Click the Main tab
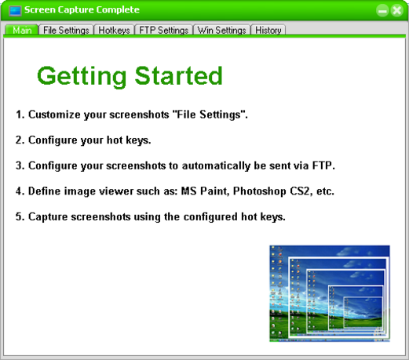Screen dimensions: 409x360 pyautogui.click(x=22, y=30)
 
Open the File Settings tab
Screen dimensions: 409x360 pyautogui.click(x=66, y=30)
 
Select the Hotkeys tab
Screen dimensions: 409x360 pyautogui.click(x=114, y=30)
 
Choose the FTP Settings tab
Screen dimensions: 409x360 pyautogui.click(x=163, y=30)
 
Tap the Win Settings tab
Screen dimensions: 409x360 pyautogui.click(x=221, y=30)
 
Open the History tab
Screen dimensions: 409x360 pyautogui.click(x=268, y=30)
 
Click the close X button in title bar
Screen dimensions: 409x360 pyautogui.click(x=397, y=11)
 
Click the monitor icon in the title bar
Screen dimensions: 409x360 pyautogui.click(x=15, y=11)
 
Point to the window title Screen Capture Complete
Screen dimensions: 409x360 pyautogui.click(x=82, y=9)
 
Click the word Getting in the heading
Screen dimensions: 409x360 pyautogui.click(x=82, y=76)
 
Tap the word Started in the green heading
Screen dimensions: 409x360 pyautogui.click(x=178, y=75)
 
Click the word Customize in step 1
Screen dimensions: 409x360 pyautogui.click(x=54, y=115)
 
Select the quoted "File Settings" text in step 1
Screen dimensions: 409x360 pyautogui.click(x=209, y=115)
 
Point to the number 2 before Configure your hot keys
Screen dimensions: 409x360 pyautogui.click(x=19, y=140)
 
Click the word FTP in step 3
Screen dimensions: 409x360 pyautogui.click(x=322, y=165)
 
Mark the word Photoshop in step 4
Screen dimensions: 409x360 pyautogui.click(x=260, y=191)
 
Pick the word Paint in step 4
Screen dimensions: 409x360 pyautogui.click(x=214, y=191)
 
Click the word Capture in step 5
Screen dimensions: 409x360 pyautogui.click(x=48, y=217)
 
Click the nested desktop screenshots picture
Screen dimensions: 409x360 pyautogui.click(x=330, y=293)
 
